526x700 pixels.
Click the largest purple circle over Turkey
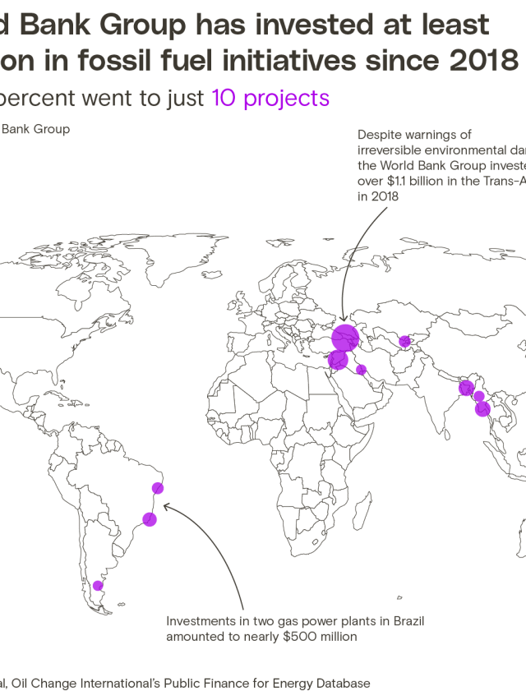pyautogui.click(x=346, y=336)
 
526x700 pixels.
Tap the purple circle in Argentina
pyautogui.click(x=98, y=586)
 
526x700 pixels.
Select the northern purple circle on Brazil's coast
pyautogui.click(x=158, y=489)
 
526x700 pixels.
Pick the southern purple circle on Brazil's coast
pyautogui.click(x=150, y=519)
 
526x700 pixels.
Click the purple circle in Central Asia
pyautogui.click(x=404, y=342)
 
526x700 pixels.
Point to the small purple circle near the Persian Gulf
pyautogui.click(x=361, y=370)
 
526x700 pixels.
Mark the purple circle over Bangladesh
pyautogui.click(x=466, y=388)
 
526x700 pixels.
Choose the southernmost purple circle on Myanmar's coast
pyautogui.click(x=482, y=409)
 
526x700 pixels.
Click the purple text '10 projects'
pyautogui.click(x=270, y=99)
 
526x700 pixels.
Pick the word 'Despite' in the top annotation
pyautogui.click(x=376, y=135)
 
